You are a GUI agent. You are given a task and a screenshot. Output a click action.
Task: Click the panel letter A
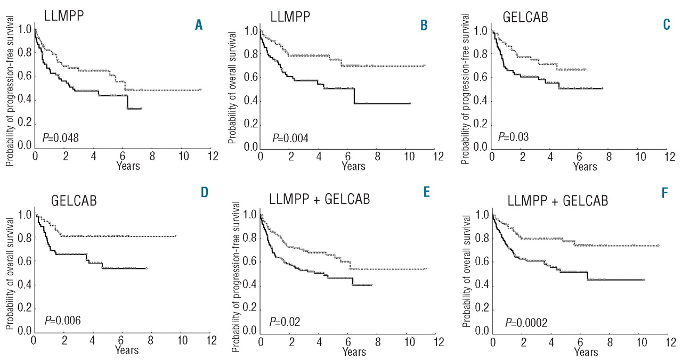click(x=199, y=24)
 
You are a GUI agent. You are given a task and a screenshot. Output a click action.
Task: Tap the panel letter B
click(x=424, y=24)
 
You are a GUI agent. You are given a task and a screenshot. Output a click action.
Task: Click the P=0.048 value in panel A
click(x=60, y=138)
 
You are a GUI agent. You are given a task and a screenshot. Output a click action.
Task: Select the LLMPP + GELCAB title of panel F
click(x=558, y=201)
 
